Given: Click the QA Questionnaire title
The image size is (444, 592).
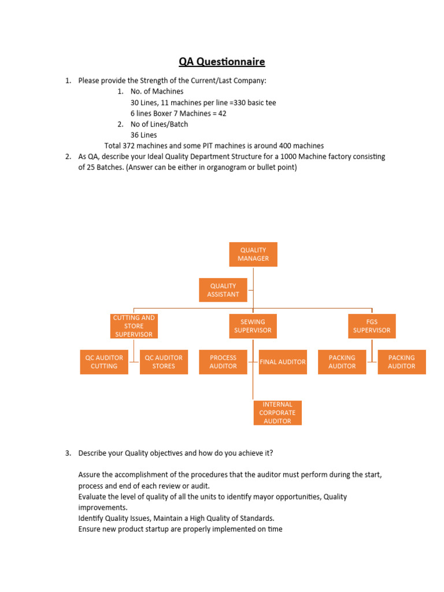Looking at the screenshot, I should click(222, 61).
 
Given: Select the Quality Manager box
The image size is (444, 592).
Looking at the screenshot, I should click(253, 254).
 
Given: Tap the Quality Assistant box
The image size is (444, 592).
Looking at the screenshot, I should click(223, 290).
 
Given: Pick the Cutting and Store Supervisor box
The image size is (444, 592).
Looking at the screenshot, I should click(134, 326).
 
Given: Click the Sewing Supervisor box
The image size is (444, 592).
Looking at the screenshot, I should click(253, 326).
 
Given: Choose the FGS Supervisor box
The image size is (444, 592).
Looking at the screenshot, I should click(372, 326).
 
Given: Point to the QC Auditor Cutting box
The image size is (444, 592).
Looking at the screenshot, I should click(104, 362).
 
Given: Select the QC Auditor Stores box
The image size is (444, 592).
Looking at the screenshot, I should click(164, 362).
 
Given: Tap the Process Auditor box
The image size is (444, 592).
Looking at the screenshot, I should click(223, 362).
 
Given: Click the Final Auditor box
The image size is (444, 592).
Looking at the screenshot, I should click(283, 362).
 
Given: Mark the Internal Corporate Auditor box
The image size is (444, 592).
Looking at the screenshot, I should click(277, 413).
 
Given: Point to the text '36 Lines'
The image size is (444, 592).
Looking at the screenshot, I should click(143, 135).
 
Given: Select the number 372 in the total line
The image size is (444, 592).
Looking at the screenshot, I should click(130, 146).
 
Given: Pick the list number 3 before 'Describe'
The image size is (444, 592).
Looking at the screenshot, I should click(68, 453).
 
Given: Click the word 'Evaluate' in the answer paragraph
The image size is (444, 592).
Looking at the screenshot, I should click(92, 497).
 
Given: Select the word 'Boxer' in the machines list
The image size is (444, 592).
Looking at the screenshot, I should click(165, 113).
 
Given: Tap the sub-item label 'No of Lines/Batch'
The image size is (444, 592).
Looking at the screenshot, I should click(159, 124).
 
